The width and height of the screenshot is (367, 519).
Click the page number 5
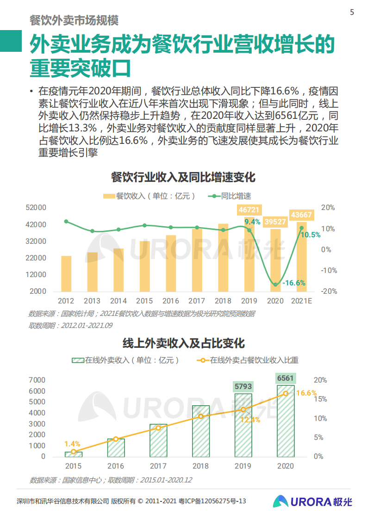[x=352, y=12]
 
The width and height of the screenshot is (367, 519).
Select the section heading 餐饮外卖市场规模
[x=74, y=21]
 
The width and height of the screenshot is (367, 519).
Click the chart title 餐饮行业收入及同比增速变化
[x=183, y=177]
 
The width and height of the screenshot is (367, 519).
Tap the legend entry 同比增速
[x=230, y=196]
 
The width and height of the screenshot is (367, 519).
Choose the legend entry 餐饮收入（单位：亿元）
[x=149, y=196]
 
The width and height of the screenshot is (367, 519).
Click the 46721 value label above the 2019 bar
[x=249, y=210]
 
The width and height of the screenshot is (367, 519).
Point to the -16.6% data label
[x=294, y=283]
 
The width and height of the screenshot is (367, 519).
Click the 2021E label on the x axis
[x=301, y=301]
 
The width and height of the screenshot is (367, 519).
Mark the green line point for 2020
[x=275, y=284]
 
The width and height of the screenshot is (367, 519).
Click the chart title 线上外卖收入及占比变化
[x=183, y=343]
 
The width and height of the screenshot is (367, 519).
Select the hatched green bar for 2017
[x=158, y=440]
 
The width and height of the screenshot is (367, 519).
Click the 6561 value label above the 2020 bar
[x=286, y=378]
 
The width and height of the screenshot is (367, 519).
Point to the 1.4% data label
[x=72, y=444]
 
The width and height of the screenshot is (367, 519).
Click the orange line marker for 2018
[x=201, y=416]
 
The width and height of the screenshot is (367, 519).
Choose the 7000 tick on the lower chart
[x=37, y=380]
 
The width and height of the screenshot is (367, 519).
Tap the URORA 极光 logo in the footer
[x=311, y=501]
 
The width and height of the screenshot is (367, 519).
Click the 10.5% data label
[x=311, y=235]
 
